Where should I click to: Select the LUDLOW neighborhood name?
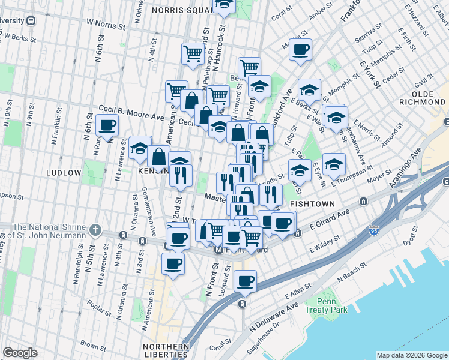(64, 173)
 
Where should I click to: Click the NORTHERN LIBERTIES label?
(166, 351)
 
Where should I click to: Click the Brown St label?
(93, 346)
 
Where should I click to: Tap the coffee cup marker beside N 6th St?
(107, 126)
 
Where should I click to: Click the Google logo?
(20, 353)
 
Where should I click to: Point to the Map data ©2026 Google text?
(411, 355)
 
